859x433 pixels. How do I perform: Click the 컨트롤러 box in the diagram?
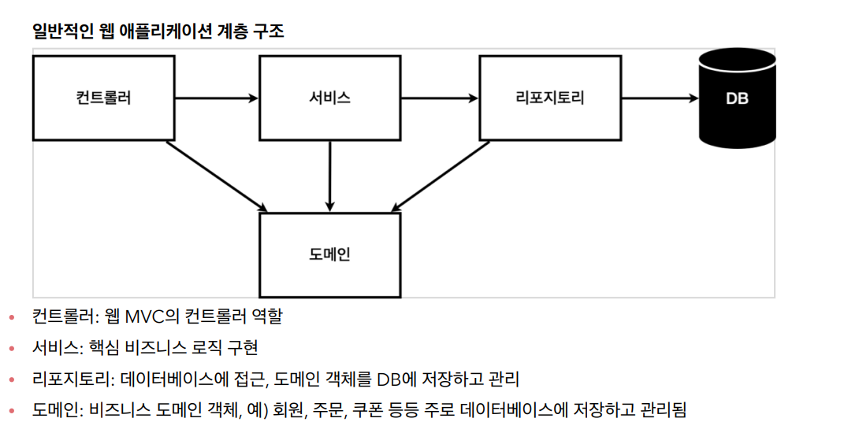point(103,98)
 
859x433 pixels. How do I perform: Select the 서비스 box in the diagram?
point(329,98)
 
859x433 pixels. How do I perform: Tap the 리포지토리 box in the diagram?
point(549,98)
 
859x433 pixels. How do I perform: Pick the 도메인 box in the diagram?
point(329,255)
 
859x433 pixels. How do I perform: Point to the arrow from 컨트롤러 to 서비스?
point(217,98)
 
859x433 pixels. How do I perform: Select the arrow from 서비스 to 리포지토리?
point(440,98)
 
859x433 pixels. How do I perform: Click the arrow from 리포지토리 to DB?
point(659,98)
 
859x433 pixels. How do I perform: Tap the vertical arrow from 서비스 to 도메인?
point(329,176)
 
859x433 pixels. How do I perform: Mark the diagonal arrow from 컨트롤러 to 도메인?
point(217,176)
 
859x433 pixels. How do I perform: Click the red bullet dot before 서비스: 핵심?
point(11,349)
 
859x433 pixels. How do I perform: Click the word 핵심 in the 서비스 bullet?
point(99,347)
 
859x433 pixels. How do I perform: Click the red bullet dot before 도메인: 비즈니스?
point(11,411)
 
